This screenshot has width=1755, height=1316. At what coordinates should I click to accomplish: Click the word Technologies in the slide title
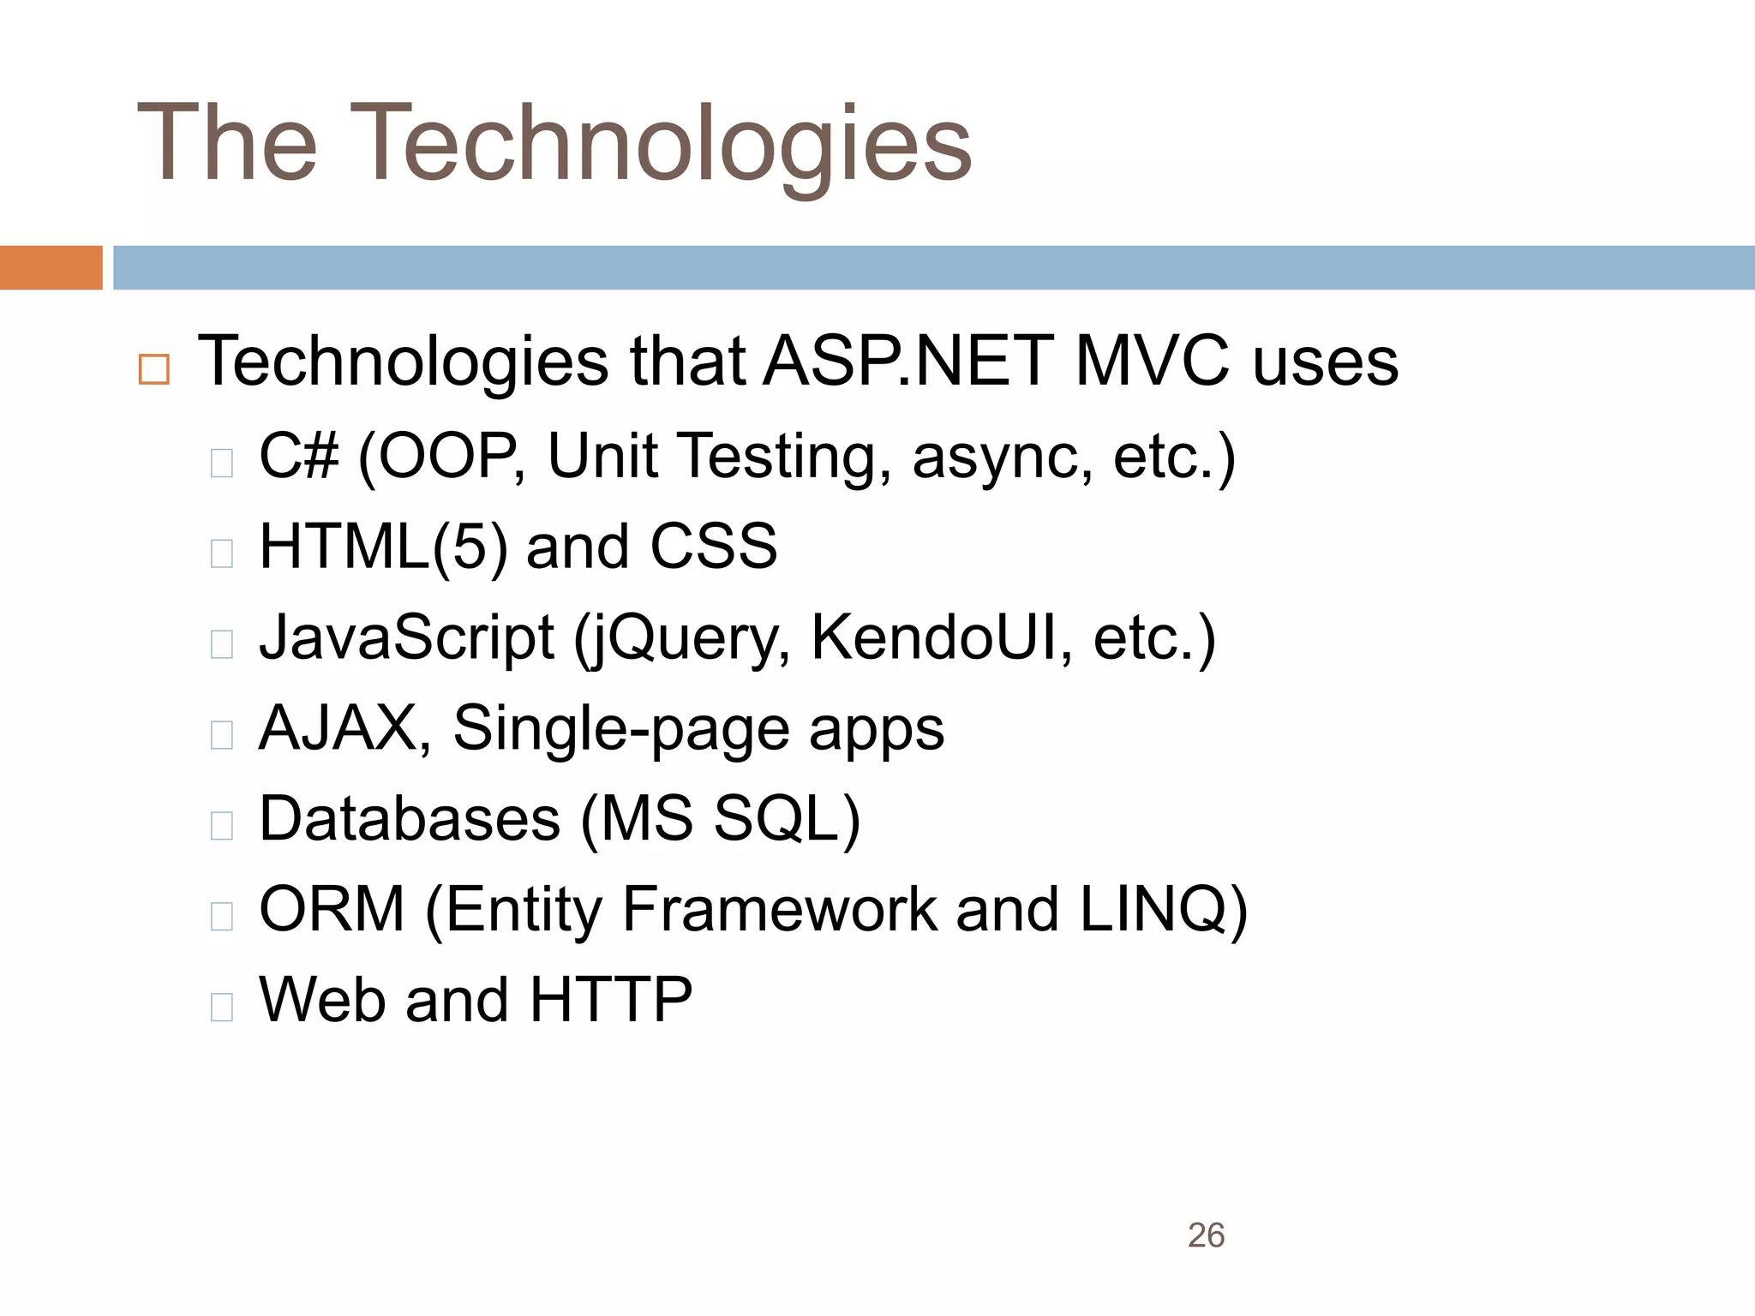pos(660,144)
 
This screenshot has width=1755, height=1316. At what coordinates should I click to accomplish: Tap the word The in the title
pos(227,144)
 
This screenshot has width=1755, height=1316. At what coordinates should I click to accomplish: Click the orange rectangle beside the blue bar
pos(51,267)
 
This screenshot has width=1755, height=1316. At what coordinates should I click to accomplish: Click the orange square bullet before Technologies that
pos(154,369)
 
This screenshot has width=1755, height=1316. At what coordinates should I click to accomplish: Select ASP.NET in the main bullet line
pos(908,362)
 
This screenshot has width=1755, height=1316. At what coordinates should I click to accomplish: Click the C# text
pos(299,456)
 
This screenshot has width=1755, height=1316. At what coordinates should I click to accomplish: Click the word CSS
pos(713,547)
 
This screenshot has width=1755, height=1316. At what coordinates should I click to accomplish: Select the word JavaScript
pos(407,638)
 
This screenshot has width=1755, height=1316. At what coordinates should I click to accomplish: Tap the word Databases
pos(410,819)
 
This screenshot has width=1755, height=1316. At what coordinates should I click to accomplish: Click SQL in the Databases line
pos(784,819)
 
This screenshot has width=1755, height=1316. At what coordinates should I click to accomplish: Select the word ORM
pos(332,909)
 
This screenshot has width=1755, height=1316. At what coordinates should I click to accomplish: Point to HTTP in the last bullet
pos(611,1000)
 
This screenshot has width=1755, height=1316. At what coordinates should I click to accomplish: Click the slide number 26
pos(1206,1235)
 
